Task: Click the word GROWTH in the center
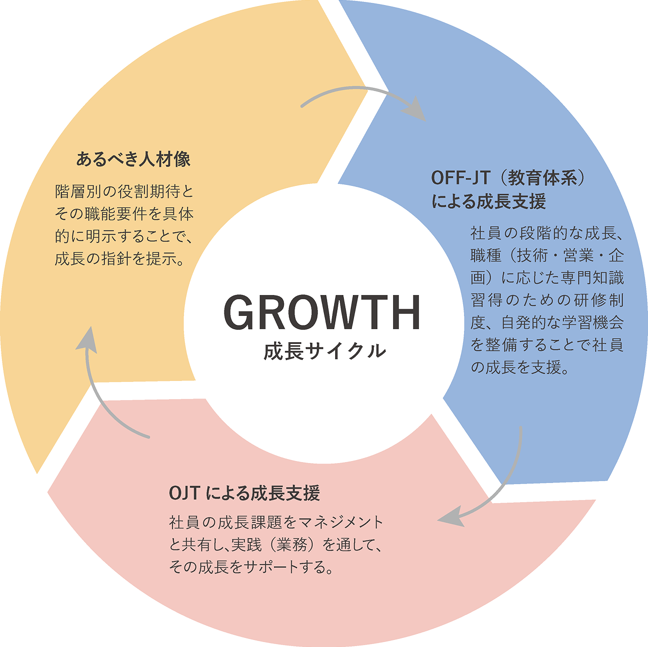tap(322, 312)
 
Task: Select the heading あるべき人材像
tap(134, 159)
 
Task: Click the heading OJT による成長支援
tap(244, 493)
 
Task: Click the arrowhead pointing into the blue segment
tap(417, 109)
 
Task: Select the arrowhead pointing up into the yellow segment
tap(88, 340)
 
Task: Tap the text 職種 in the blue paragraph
tap(486, 255)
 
